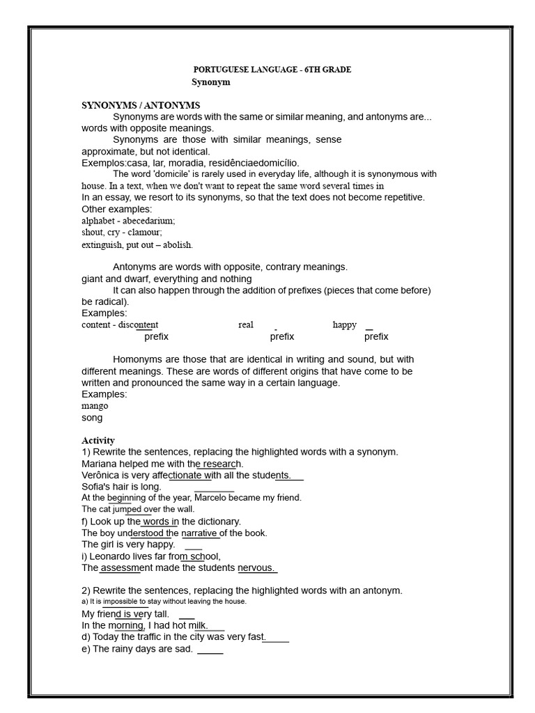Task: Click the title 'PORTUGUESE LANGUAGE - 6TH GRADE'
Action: (x=272, y=70)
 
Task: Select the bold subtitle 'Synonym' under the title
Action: (x=210, y=82)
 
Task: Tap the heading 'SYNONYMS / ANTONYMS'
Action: (x=141, y=105)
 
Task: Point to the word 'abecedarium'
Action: (x=148, y=220)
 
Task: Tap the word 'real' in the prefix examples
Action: (x=246, y=324)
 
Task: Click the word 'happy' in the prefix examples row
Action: (x=345, y=324)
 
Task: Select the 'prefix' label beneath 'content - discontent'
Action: (x=156, y=336)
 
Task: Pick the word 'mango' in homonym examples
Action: (x=95, y=405)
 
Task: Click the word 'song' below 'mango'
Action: (x=92, y=418)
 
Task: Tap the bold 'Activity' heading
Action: (x=98, y=440)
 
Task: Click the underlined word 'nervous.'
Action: (x=257, y=568)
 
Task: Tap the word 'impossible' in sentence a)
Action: (x=125, y=601)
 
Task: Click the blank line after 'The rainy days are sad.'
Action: (x=210, y=653)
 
